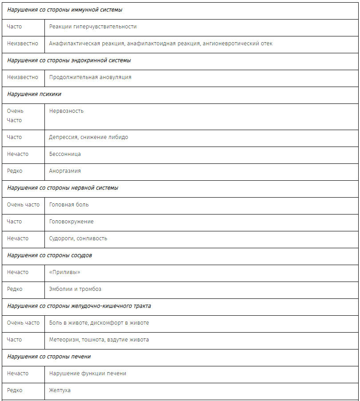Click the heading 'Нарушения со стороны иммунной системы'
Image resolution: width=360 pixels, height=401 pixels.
pos(64,10)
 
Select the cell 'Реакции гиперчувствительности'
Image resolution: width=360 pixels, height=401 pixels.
pos(93,27)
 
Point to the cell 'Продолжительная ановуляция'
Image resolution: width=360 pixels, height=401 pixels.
pos(90,77)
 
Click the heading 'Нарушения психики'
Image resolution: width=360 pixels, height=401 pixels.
pos(34,94)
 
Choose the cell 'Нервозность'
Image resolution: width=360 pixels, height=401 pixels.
pos(66,111)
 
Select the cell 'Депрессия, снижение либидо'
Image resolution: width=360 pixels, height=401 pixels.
pos(88,137)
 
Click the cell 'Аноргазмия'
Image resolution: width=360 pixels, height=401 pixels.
pos(65,171)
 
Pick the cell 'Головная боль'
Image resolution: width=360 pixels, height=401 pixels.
pos(69,205)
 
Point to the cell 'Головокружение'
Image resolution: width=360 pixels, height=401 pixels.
pos(71,222)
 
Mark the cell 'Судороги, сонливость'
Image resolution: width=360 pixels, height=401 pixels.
pos(78,238)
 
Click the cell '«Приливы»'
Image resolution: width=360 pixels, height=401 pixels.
pos(64,272)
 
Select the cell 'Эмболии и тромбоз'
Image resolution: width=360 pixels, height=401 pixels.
pos(75,289)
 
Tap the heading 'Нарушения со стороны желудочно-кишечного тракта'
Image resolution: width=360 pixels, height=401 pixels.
pos(79,306)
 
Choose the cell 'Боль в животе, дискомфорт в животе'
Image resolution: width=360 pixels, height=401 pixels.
pos(99,323)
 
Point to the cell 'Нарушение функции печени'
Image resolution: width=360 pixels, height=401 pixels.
pos(88,373)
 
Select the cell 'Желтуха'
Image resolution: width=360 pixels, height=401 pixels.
pos(60,390)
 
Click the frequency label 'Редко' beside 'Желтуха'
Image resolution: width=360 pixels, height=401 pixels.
pos(15,390)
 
